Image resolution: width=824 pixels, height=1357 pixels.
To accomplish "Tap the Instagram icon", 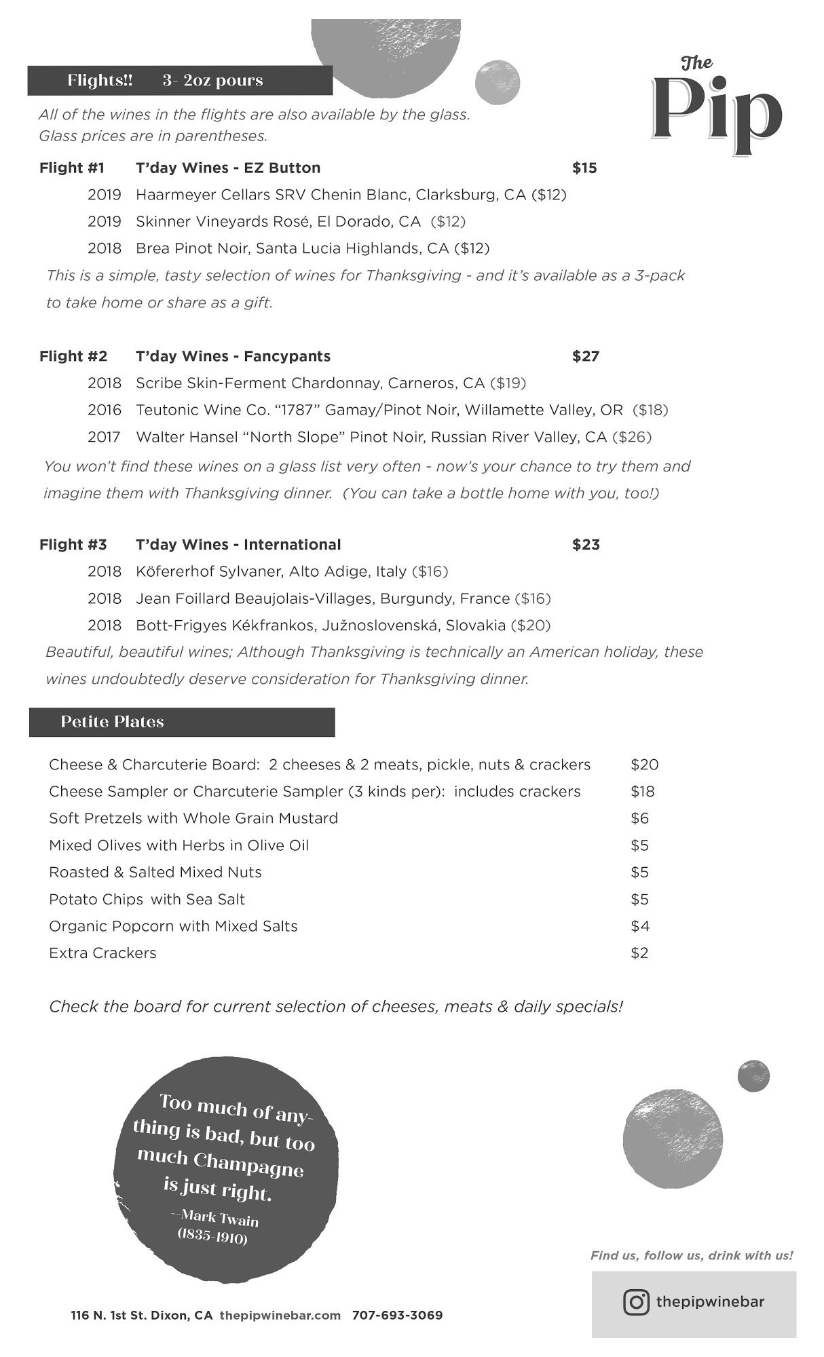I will pyautogui.click(x=636, y=1302).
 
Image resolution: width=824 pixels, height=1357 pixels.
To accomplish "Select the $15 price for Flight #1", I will pyautogui.click(x=584, y=168).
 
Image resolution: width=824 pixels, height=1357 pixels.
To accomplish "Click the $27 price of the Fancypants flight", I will pyautogui.click(x=586, y=356).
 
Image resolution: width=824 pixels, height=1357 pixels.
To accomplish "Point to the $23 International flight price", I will pyautogui.click(x=586, y=545).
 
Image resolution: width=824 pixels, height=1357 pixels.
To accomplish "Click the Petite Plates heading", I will pyautogui.click(x=113, y=722).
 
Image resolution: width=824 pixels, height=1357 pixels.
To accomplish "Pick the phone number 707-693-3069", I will pyautogui.click(x=397, y=1316).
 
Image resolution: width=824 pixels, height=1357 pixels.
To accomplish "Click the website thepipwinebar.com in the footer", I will pyautogui.click(x=280, y=1316).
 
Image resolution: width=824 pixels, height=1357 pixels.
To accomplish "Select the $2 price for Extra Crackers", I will pyautogui.click(x=639, y=953).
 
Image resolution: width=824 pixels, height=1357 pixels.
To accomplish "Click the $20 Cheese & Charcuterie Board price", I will pyautogui.click(x=644, y=765).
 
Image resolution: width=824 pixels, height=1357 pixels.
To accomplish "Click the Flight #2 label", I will pyautogui.click(x=73, y=356).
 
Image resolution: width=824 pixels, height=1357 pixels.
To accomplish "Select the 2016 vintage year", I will pyautogui.click(x=105, y=410).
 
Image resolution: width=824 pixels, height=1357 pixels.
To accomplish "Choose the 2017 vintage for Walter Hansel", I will pyautogui.click(x=104, y=437).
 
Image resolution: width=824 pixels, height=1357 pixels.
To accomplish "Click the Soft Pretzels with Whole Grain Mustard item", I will pyautogui.click(x=193, y=818).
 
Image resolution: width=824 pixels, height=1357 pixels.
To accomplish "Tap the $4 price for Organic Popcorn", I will pyautogui.click(x=639, y=926).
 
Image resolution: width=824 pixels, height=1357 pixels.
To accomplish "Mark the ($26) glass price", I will pyautogui.click(x=631, y=437).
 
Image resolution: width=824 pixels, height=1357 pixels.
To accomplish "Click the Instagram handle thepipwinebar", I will pyautogui.click(x=710, y=1302).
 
